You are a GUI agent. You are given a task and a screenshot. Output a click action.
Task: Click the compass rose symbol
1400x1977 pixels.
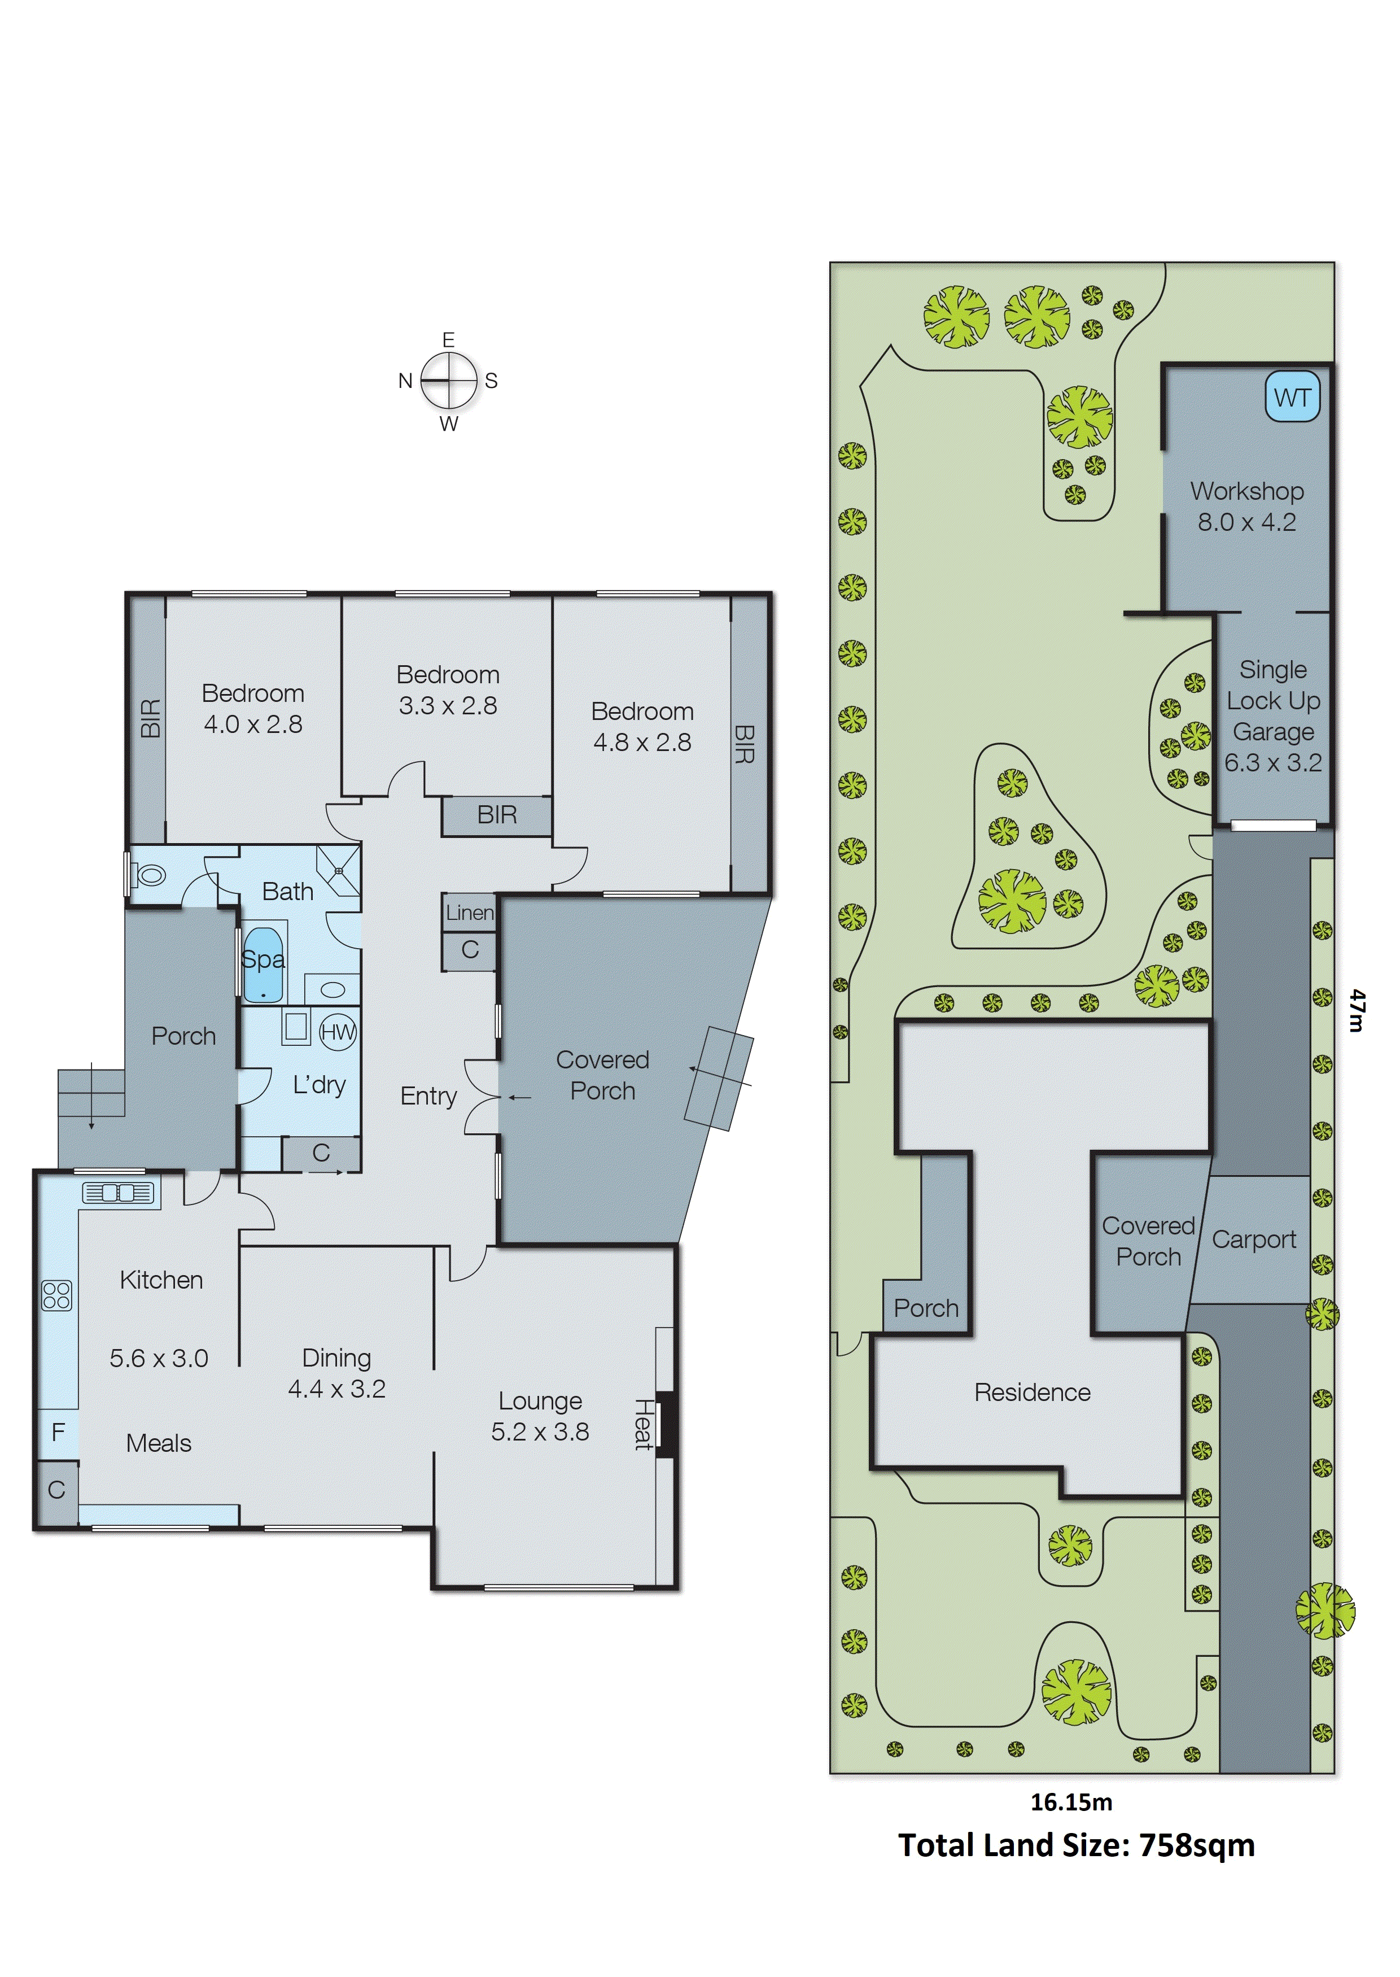[448, 380]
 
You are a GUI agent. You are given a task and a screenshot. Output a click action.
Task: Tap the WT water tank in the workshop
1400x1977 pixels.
[1292, 398]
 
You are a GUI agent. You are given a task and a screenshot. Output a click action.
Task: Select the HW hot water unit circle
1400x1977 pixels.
[337, 1032]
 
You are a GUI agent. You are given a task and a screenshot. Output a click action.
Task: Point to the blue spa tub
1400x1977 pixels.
[263, 964]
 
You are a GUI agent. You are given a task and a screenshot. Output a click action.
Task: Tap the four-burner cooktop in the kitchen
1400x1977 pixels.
[57, 1295]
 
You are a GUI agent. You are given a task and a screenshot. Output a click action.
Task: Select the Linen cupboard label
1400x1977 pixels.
[470, 912]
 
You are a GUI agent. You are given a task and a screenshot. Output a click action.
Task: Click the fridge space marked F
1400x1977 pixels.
[58, 1432]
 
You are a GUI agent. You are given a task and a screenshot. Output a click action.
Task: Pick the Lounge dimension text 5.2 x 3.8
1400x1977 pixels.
[540, 1432]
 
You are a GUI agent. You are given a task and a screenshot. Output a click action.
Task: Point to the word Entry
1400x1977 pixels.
[428, 1096]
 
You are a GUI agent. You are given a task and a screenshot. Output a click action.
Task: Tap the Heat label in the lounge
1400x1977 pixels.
[643, 1424]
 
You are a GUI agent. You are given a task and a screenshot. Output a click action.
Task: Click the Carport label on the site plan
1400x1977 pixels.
[1253, 1240]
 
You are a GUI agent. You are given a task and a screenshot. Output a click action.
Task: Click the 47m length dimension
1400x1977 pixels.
[1358, 1010]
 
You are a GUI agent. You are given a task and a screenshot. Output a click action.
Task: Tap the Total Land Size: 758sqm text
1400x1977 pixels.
[1076, 1845]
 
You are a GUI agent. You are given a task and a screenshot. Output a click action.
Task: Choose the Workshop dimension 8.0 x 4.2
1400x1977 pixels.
[1246, 522]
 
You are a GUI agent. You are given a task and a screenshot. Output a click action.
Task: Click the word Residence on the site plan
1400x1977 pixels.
[1032, 1393]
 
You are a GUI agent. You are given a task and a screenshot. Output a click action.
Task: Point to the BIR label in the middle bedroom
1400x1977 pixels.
[497, 814]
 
